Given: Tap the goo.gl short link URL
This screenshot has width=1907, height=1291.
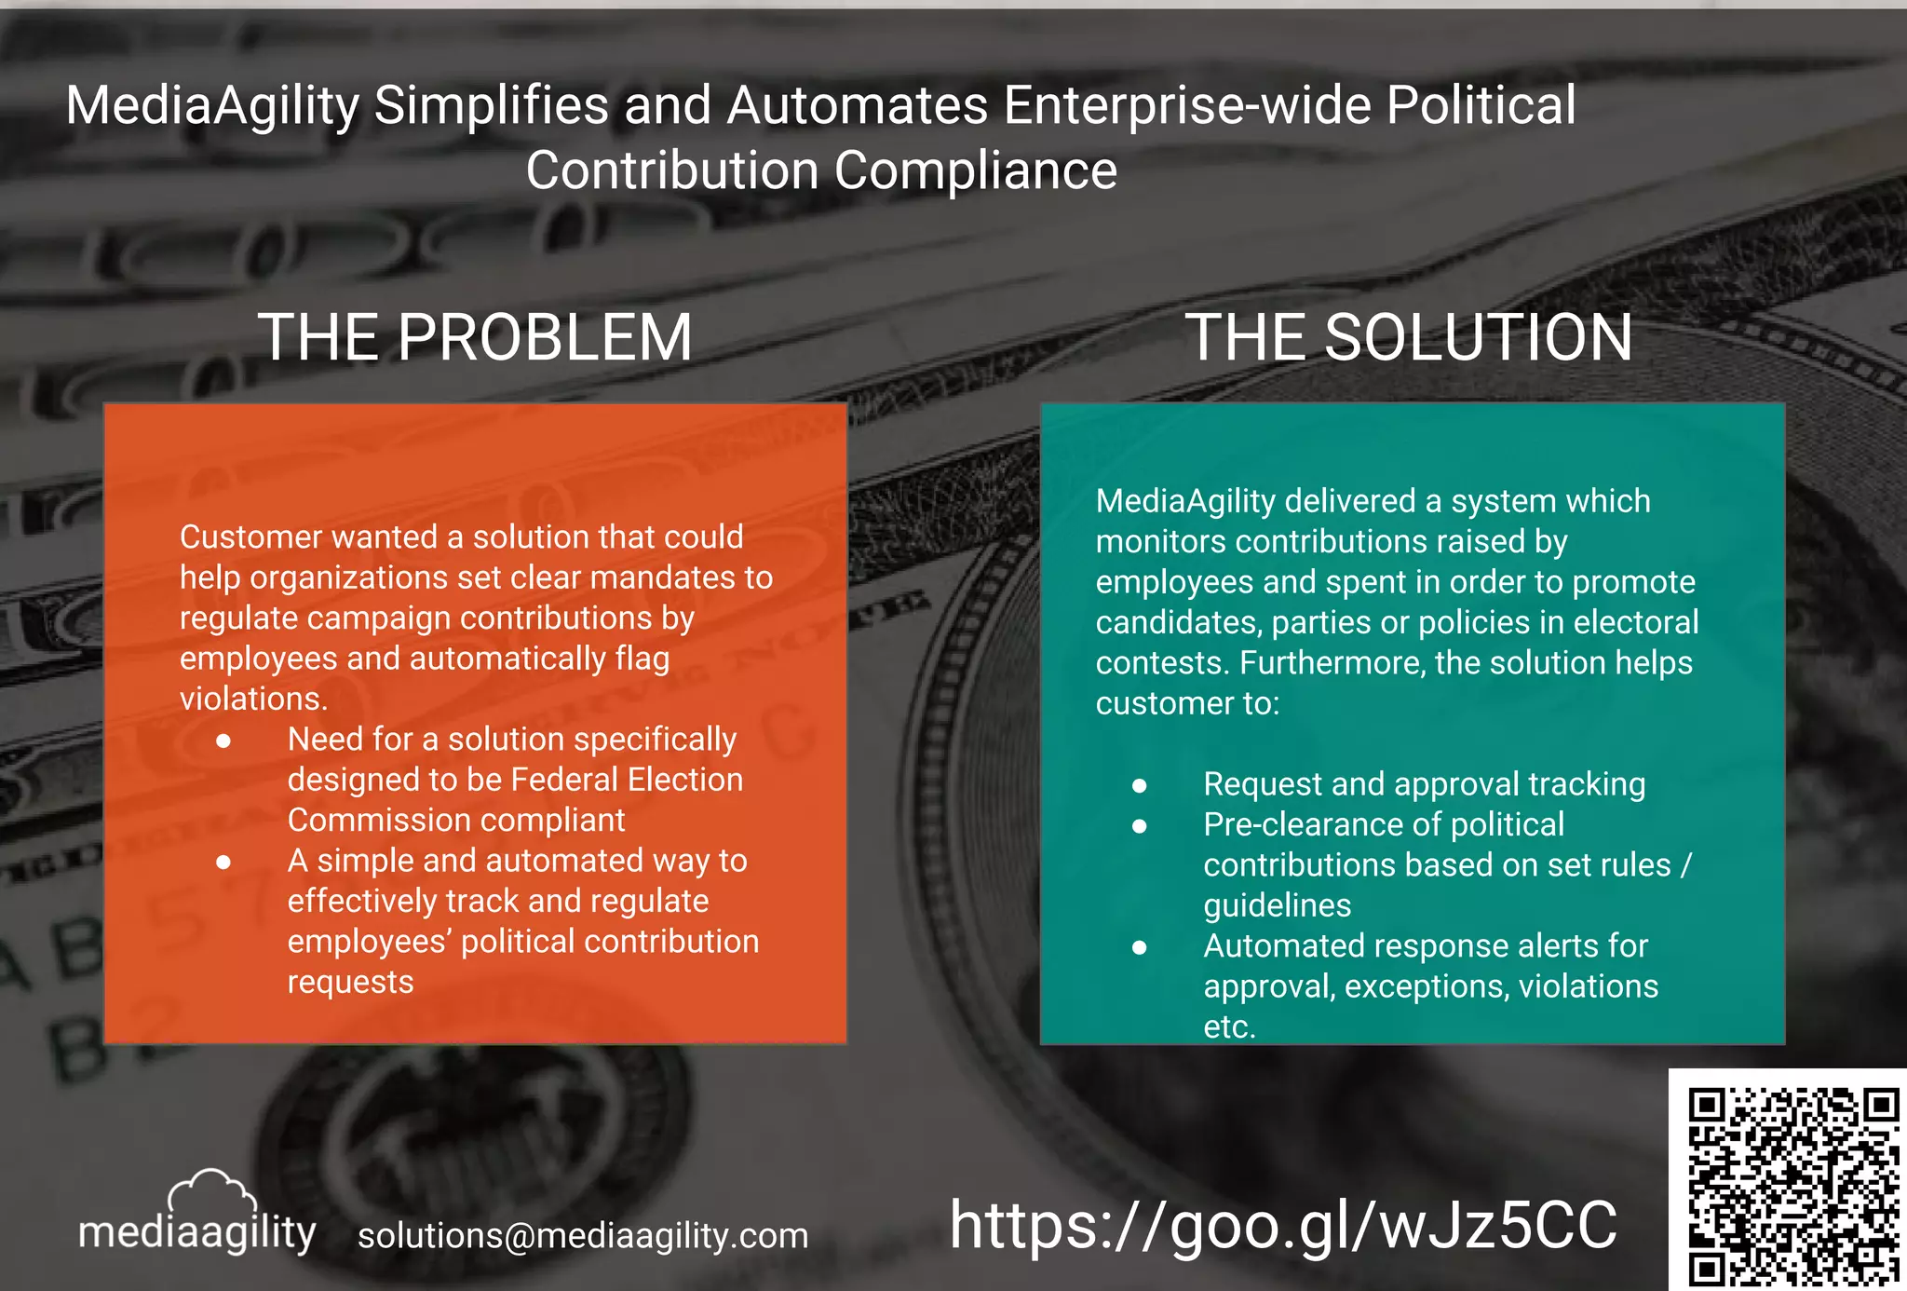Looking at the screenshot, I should coord(1283,1225).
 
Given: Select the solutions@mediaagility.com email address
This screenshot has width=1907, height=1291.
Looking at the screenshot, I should coord(583,1236).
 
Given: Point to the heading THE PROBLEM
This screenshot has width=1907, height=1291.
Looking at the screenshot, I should coord(475,337).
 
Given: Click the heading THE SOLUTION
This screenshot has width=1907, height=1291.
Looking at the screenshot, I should coord(1409,337).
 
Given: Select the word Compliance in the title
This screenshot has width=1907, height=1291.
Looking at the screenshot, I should coord(975,170).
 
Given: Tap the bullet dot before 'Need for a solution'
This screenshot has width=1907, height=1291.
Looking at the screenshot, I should coord(223,741).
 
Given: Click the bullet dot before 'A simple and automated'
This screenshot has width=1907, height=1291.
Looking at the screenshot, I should coord(223,863).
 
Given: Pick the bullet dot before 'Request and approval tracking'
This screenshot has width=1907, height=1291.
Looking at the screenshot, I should coord(1139,786).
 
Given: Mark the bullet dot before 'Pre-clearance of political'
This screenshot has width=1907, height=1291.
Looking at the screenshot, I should coord(1139,826).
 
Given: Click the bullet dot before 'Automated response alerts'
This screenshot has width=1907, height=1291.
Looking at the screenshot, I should coord(1139,947).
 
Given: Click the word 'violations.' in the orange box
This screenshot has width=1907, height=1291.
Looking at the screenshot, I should coord(253,699).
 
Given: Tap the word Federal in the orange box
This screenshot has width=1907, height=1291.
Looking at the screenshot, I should coord(564,780).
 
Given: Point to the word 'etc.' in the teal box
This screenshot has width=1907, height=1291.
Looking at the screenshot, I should coord(1229,1026).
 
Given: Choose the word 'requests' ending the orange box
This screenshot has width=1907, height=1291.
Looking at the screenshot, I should coord(350,982).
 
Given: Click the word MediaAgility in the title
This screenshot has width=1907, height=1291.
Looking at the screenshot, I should coord(212,104).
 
